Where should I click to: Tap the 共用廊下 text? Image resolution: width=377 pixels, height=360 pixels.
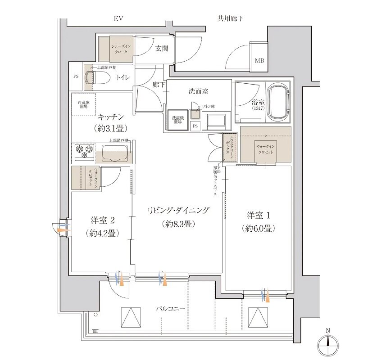coord(231,18)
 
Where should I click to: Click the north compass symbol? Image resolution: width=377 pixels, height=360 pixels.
coord(328,345)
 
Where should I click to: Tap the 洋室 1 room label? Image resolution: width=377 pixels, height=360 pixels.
coord(257,215)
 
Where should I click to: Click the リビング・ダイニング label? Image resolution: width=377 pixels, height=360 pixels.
coord(179,211)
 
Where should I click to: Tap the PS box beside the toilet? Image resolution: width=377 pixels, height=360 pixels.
coord(76,76)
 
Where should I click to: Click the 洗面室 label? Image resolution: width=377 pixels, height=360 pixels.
coord(198,91)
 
